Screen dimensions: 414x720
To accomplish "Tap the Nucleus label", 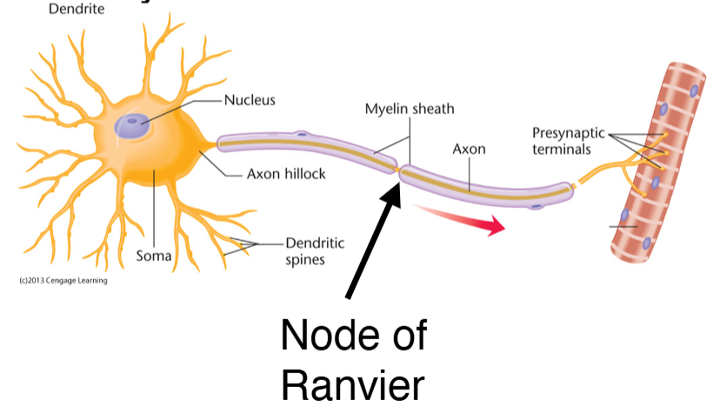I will tap(250, 100).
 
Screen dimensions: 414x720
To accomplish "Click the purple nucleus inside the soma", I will tap(133, 126).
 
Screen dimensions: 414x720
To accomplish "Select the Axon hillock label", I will tap(285, 174).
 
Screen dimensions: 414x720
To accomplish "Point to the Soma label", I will tap(154, 257).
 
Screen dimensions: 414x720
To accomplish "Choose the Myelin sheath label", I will tap(409, 110).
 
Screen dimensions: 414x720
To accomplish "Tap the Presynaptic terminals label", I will tap(569, 141).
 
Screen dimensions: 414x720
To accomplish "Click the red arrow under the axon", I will tap(461, 220).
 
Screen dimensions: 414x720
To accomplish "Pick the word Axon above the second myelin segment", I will tap(469, 150).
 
